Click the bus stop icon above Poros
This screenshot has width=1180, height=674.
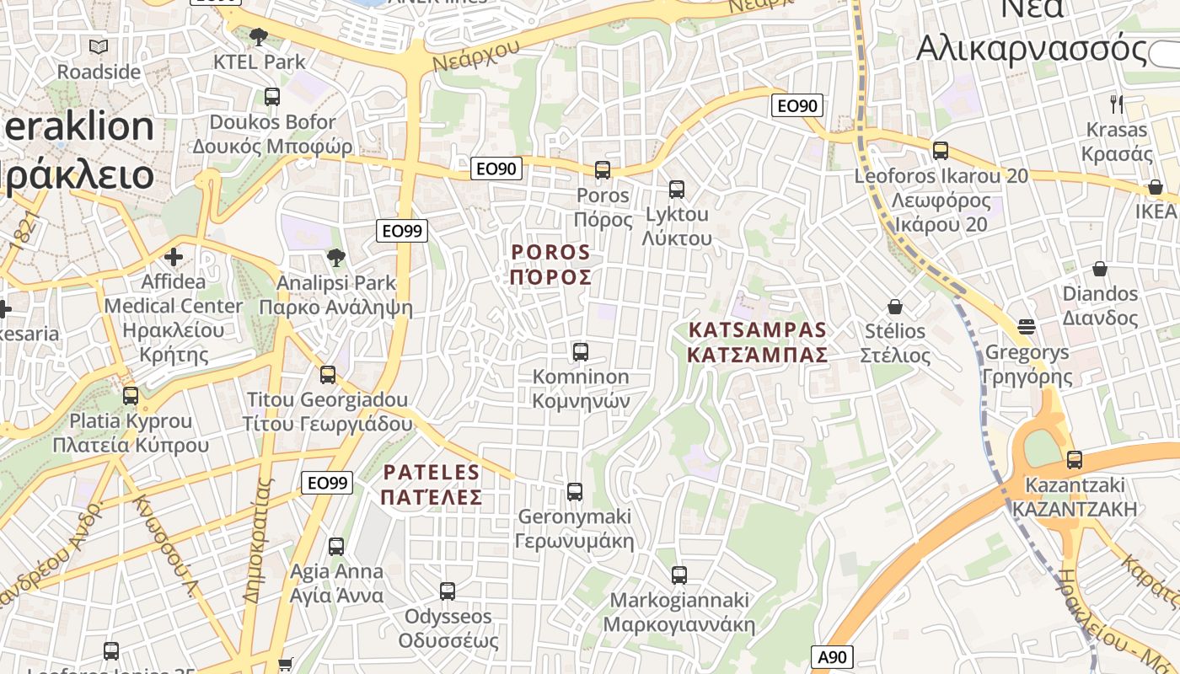click(x=602, y=170)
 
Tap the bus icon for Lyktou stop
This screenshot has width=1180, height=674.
click(x=676, y=190)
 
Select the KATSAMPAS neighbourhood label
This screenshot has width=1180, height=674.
click(x=757, y=342)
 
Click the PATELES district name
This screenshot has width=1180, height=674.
click(x=431, y=484)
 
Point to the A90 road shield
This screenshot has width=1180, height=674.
click(x=832, y=657)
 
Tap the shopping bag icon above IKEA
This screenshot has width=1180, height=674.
click(x=1155, y=187)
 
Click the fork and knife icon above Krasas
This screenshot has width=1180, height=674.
click(x=1117, y=104)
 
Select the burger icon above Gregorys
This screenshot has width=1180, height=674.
click(x=1026, y=326)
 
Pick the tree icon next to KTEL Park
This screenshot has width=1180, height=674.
click(x=259, y=37)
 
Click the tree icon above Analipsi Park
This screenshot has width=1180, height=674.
click(x=335, y=257)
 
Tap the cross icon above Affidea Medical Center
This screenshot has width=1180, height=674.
click(x=174, y=256)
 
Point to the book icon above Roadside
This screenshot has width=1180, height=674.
click(x=99, y=46)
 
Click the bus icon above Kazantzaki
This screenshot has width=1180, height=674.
click(x=1074, y=460)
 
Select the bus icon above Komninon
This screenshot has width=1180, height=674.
click(x=580, y=352)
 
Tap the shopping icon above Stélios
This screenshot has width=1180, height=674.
click(x=894, y=307)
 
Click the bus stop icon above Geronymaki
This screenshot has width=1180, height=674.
click(x=574, y=491)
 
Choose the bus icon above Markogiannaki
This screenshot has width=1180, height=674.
click(x=678, y=575)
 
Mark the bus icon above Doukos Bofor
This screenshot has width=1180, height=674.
click(x=271, y=97)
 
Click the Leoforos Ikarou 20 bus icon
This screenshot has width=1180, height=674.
click(x=940, y=151)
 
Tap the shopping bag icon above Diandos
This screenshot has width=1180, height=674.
click(x=1099, y=269)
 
